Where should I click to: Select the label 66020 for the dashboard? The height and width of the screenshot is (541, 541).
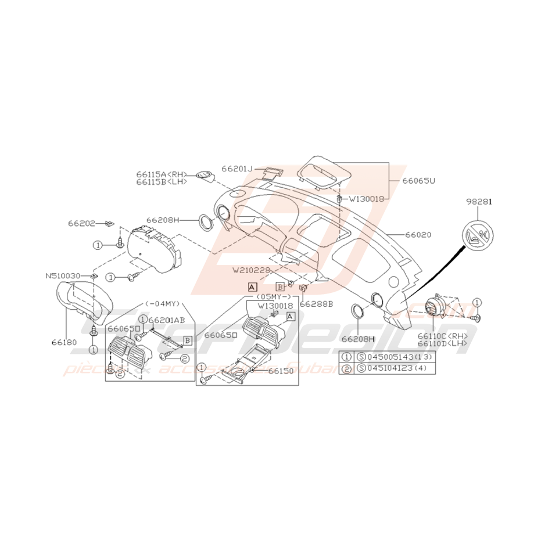click(419, 235)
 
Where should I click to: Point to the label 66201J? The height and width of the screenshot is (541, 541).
click(237, 169)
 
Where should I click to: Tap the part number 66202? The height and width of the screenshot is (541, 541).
click(82, 223)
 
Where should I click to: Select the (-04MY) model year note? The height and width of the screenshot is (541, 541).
click(163, 304)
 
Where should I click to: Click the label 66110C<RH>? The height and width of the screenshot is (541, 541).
click(443, 336)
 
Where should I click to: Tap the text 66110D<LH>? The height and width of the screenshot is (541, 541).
click(443, 343)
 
